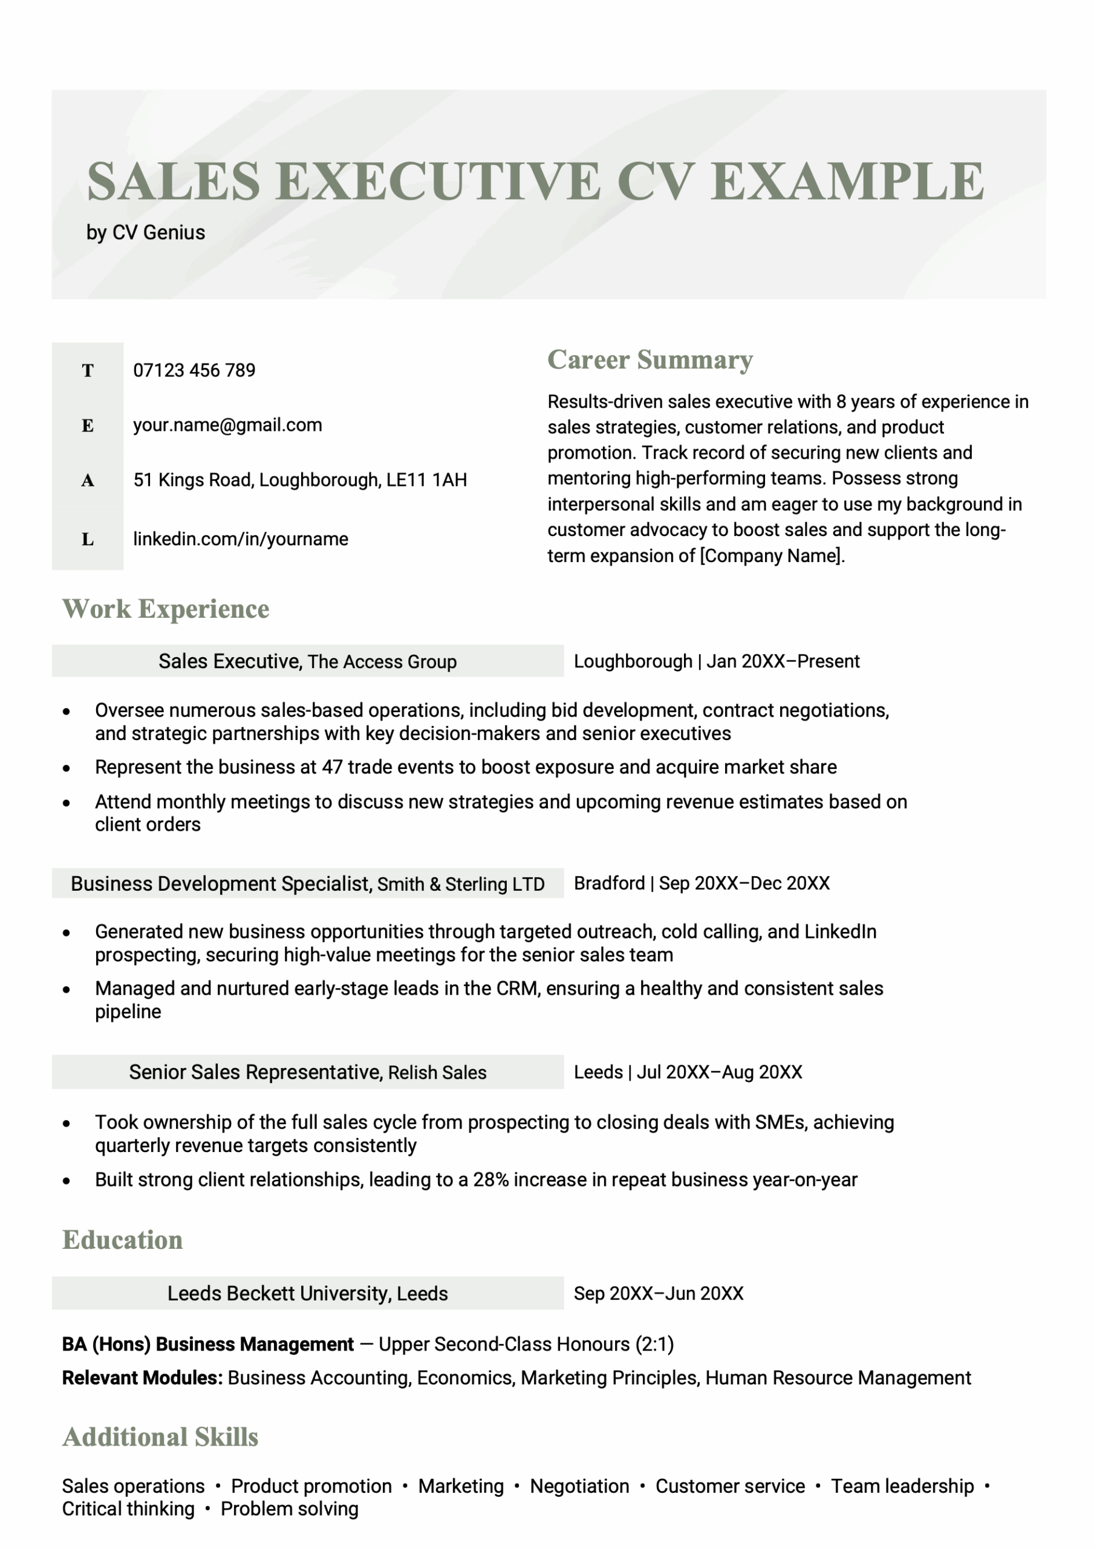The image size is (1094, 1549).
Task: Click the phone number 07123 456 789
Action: [x=194, y=370]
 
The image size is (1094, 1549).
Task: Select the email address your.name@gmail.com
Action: [x=227, y=425]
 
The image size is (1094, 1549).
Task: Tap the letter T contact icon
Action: [x=88, y=370]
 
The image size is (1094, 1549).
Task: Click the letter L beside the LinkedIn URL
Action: [x=88, y=539]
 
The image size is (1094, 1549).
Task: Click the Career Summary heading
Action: [x=650, y=359]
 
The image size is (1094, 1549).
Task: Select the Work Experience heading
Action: [x=166, y=609]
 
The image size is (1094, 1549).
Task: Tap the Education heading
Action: [x=123, y=1240]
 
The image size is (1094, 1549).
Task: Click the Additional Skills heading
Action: [x=160, y=1437]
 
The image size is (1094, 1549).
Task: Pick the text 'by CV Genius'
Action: [x=146, y=233]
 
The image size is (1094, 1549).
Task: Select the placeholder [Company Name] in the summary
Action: [x=772, y=556]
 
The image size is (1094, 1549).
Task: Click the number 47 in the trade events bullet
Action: [x=333, y=767]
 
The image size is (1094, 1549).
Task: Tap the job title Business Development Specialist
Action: [x=221, y=884]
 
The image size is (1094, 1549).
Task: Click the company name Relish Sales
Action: [x=437, y=1073]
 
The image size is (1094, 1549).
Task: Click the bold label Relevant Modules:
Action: [x=142, y=1378]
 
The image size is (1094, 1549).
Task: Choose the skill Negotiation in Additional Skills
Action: [x=579, y=1486]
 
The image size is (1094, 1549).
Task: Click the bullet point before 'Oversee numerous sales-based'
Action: [x=66, y=712]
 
